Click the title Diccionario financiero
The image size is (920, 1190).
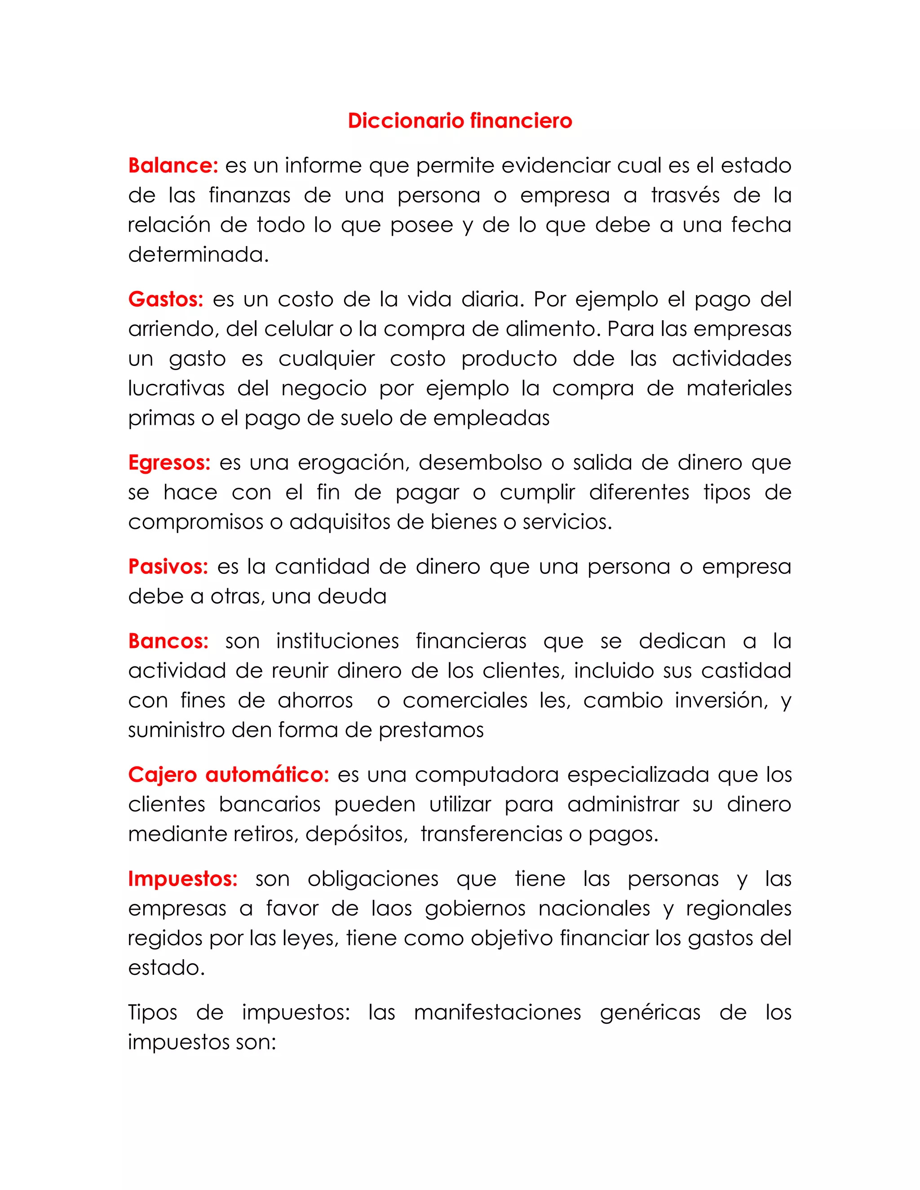tap(460, 120)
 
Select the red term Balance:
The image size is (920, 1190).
tap(173, 166)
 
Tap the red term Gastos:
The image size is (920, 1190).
tap(166, 299)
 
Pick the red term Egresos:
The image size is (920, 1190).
tap(169, 463)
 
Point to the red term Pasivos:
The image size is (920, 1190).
tap(168, 567)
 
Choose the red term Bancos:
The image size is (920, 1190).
tap(168, 641)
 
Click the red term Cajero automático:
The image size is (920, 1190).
tap(228, 774)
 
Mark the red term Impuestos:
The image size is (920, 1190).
tap(182, 878)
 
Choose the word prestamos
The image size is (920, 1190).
tap(431, 730)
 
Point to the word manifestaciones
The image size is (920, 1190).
tap(498, 1012)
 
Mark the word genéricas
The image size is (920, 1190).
tap(650, 1012)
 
